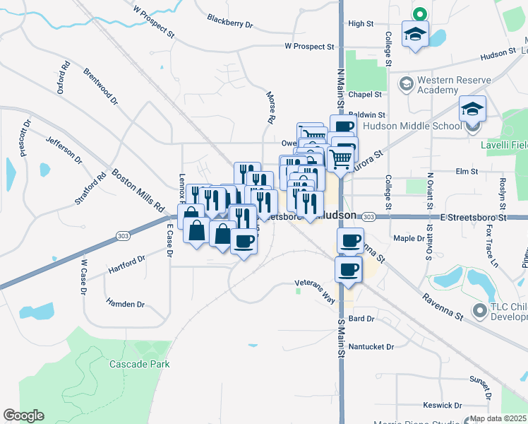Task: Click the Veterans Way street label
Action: point(314,288)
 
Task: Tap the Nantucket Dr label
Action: point(371,346)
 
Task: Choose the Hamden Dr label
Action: point(125,304)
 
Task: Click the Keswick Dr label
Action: point(443,405)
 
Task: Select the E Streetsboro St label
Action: point(473,218)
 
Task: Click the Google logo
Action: point(23,416)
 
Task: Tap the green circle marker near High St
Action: point(419,13)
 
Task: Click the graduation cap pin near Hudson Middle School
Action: point(473,110)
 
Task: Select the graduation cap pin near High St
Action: point(415,33)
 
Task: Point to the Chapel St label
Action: point(369,94)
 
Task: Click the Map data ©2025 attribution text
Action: point(498,418)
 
